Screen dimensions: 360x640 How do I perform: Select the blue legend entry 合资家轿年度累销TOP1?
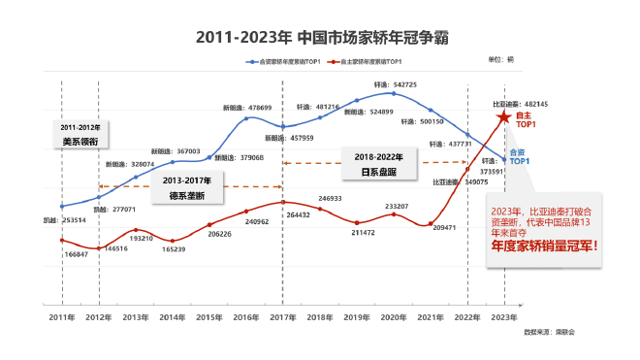click(285, 63)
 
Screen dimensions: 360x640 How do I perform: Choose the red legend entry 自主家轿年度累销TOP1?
click(368, 63)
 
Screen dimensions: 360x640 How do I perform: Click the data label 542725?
click(401, 85)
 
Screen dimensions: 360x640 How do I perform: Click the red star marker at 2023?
click(503, 118)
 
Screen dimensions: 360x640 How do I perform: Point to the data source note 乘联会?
click(562, 331)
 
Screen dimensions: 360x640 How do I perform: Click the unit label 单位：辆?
click(501, 60)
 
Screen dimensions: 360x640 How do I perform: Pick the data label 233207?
click(396, 207)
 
